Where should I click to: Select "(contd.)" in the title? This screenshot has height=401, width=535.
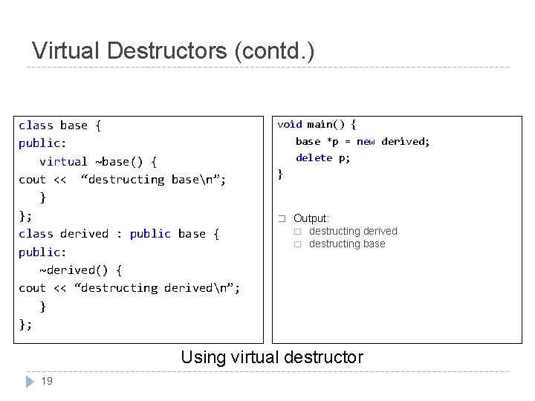point(274,51)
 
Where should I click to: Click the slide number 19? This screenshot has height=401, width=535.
point(47,381)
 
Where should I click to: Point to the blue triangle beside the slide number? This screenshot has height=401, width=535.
point(30,382)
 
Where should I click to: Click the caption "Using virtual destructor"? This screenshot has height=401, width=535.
point(272,357)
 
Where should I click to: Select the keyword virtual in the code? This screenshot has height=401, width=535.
point(63,161)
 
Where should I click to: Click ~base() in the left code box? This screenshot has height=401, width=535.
point(115,161)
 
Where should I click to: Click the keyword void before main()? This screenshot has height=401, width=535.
point(290,124)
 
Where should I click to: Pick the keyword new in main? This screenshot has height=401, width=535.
point(366,141)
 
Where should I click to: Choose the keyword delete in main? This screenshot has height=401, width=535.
point(314,157)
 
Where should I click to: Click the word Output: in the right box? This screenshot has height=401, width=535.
point(311,218)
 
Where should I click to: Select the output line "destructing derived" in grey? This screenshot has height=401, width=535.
point(353,232)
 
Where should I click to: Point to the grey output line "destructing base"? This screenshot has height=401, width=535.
point(347,244)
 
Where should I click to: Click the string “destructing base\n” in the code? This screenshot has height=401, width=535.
point(153,179)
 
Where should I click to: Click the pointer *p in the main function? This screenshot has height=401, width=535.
point(332,141)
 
